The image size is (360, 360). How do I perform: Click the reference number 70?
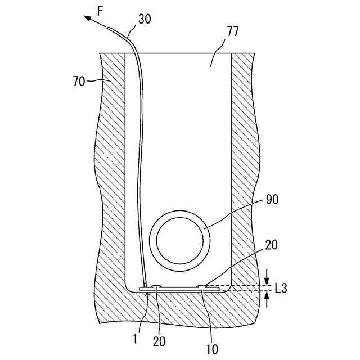click(x=80, y=82)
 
